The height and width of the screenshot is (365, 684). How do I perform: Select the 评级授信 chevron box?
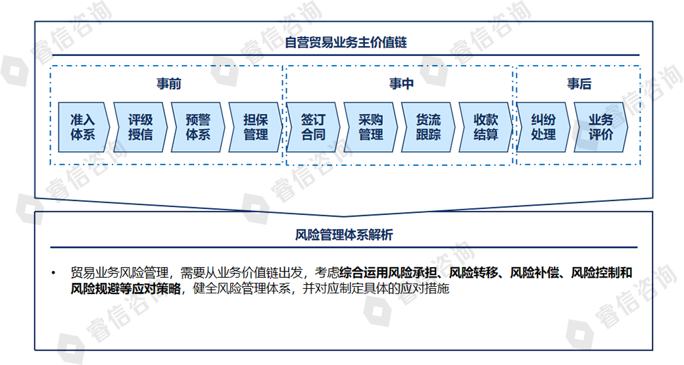tap(140, 127)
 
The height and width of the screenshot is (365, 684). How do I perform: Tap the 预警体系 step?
tap(198, 127)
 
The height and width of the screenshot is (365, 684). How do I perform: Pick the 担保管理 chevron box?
tap(255, 127)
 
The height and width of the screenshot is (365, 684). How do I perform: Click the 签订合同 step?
tap(313, 127)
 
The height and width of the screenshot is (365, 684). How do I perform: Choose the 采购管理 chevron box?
tap(370, 127)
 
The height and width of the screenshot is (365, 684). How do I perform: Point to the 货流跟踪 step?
tap(428, 127)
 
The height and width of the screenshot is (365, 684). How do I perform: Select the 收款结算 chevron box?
tap(485, 127)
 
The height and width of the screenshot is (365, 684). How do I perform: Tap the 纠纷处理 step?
tap(543, 127)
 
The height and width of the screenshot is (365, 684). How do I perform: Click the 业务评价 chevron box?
tap(600, 127)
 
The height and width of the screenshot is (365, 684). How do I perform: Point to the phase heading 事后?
tap(579, 84)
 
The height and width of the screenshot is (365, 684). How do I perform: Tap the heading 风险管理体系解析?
tap(344, 235)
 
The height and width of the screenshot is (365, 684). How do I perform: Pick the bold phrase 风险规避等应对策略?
tap(125, 288)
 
